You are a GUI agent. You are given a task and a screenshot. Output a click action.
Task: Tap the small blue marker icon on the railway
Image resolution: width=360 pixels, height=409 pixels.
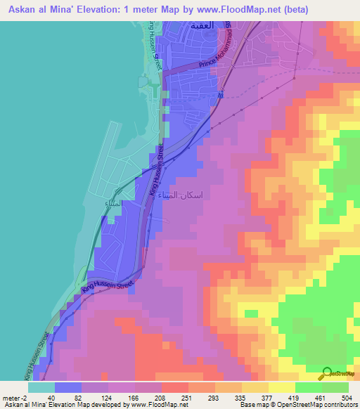click(x=220, y=94)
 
